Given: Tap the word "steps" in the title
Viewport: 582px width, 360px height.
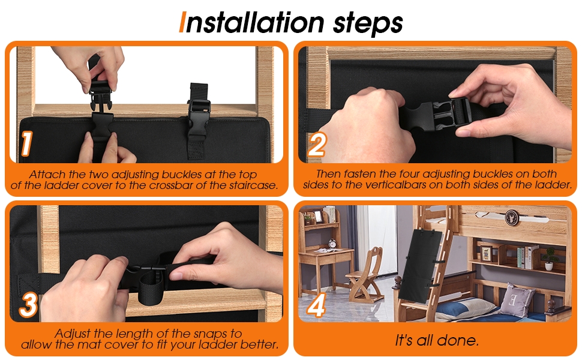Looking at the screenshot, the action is [x=367, y=24].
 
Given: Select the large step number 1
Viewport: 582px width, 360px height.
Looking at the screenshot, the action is [x=26, y=143].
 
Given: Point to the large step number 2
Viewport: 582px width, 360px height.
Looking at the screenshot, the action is [x=317, y=145].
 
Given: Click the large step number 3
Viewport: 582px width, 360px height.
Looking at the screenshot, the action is [x=28, y=304].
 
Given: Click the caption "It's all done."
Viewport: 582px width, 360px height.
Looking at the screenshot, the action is [x=437, y=340].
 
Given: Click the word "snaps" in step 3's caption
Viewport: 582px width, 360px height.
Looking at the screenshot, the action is [x=208, y=333].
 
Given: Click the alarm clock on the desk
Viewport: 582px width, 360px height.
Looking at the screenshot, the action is [x=332, y=244].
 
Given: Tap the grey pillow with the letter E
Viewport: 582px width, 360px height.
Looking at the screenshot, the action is [x=517, y=299].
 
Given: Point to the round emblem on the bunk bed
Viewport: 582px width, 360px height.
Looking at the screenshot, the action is [x=512, y=217].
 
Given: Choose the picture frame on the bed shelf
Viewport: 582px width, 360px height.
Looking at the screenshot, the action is [x=486, y=253].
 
